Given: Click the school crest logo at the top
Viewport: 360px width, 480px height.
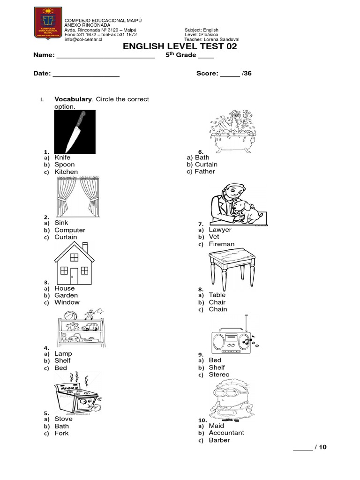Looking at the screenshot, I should [48, 22].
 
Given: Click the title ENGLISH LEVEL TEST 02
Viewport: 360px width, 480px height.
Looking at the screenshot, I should [180, 46].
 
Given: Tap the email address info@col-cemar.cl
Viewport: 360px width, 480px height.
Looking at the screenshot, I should [83, 40].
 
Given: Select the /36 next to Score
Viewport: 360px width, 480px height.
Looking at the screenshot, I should [247, 74].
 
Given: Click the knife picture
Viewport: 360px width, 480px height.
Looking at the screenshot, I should [75, 132].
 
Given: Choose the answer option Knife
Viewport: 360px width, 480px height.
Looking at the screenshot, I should [62, 158].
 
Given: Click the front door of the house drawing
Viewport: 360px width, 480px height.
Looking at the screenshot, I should [74, 276].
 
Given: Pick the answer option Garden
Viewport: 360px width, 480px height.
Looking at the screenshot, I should [66, 295].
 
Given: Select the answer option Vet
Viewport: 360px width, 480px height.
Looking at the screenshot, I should [214, 237].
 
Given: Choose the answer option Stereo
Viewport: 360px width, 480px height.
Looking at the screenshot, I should [219, 375].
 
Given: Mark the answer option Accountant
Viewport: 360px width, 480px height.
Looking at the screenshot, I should [226, 433].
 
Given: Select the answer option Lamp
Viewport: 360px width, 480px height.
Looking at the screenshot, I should [63, 354].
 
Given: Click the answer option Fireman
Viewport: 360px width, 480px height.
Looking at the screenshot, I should [222, 244].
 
